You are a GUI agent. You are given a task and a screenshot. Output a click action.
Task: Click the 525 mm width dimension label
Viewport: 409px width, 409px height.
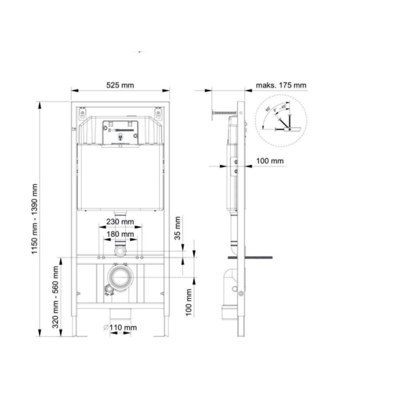[x=120, y=85]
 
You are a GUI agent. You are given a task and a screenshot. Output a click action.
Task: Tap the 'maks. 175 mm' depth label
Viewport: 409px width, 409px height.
[x=281, y=85]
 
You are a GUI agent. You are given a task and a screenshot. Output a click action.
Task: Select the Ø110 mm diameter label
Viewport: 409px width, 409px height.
[x=120, y=327]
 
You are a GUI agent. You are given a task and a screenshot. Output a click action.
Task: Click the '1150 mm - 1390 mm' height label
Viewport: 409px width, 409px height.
[x=35, y=219]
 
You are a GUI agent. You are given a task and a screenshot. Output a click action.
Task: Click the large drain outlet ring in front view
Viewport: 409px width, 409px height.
[x=120, y=278]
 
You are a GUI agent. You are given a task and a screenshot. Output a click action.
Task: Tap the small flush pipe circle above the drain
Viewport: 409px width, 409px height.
[x=120, y=251]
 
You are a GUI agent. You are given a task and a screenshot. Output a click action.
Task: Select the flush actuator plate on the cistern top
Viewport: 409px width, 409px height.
[x=120, y=132]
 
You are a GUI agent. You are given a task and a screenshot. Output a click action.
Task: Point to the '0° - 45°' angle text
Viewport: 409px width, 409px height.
[x=281, y=108]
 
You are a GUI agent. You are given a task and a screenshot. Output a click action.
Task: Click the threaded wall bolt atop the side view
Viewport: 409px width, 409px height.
[x=224, y=112]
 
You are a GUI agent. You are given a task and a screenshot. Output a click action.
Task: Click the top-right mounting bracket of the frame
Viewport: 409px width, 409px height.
[x=158, y=112]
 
